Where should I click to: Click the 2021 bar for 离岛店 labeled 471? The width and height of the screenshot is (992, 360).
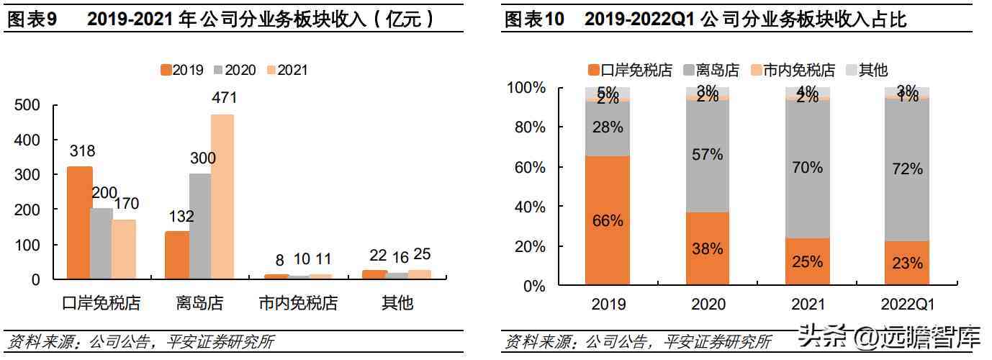pos(223,196)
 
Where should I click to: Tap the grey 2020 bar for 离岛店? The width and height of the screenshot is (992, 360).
pos(200,226)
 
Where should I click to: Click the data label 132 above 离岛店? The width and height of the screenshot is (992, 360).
pos(177,217)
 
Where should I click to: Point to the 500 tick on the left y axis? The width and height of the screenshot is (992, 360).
pos(28,105)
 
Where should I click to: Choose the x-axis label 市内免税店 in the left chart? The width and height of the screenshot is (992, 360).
pos(298,303)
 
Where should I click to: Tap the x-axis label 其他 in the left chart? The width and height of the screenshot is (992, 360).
pos(397,303)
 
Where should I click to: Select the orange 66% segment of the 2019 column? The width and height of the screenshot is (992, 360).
pos(608,221)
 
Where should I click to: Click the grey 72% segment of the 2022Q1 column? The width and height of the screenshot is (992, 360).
pos(906,169)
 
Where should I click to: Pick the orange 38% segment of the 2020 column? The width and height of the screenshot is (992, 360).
pos(708,249)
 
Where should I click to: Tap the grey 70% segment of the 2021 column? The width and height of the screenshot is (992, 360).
pos(807,167)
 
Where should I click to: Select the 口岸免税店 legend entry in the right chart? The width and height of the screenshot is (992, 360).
pos(630,70)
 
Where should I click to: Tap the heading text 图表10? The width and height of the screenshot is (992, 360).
pos(534,19)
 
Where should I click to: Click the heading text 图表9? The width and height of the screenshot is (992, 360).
pos(32,19)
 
